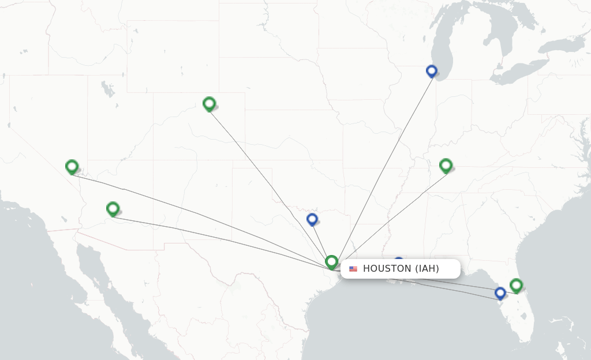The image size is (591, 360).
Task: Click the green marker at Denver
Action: coord(209,104)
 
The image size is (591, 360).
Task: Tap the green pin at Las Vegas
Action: coord(72,167)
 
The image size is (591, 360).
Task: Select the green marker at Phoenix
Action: coord(113,208)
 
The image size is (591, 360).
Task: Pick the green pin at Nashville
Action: coord(446,166)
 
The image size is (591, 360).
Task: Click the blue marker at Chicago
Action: coord(432,71)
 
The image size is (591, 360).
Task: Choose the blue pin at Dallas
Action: coord(312,219)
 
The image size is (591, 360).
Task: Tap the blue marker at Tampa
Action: coord(500,293)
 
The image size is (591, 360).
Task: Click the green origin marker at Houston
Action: coord(331,262)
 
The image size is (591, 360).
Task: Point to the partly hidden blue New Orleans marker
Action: coord(398,261)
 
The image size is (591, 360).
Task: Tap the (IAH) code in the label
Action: coord(427,269)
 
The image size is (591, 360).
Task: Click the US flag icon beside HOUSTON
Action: coord(353,269)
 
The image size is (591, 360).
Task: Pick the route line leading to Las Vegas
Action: coord(196,213)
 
